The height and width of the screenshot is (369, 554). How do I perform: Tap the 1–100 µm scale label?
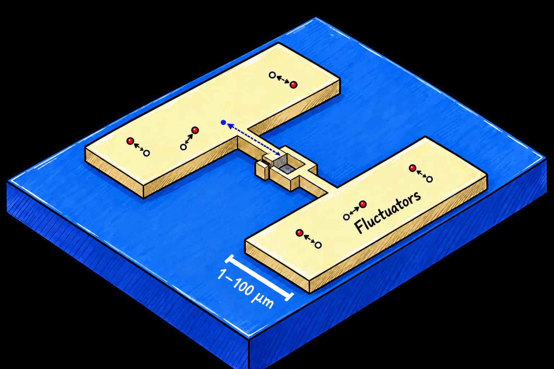coord(246,289)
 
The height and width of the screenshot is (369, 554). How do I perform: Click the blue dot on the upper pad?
coord(223,122)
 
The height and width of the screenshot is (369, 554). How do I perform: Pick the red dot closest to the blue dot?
coord(195,130)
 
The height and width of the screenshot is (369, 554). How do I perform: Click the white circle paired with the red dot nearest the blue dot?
coord(183,147)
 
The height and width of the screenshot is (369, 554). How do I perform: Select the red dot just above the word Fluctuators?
coord(363,204)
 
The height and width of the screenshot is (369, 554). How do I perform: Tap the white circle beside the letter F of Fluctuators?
coord(347,217)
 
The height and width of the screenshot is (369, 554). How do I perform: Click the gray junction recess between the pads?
coord(285,164)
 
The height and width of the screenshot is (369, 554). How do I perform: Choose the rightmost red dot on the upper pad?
coord(294,85)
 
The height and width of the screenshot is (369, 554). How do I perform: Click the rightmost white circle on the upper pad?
coord(272,75)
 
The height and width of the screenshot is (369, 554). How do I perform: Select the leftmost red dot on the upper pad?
coord(130,141)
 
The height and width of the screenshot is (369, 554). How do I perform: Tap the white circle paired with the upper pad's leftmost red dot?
coord(146,153)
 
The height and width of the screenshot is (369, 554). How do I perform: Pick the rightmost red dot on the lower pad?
coord(412,168)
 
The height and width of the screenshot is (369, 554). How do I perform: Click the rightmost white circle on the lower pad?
coord(430,179)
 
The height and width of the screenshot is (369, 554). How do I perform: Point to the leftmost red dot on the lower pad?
coord(299,232)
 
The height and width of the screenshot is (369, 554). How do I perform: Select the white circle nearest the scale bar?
coord(318,245)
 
